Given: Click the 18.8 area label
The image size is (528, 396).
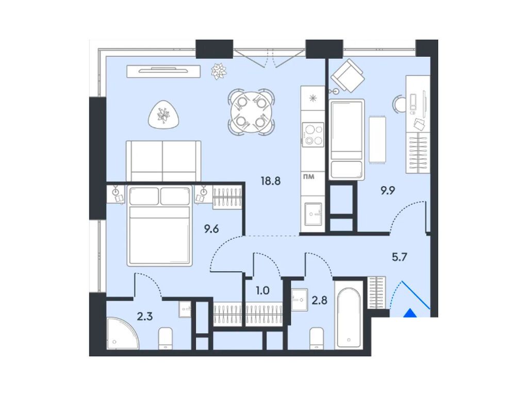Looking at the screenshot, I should (270, 181).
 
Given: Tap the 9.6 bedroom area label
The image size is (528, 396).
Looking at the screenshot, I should (211, 229).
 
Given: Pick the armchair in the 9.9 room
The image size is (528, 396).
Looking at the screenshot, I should (348, 75).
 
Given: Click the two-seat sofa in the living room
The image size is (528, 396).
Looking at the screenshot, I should (163, 160).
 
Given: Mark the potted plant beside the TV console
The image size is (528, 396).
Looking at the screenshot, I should (219, 71).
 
